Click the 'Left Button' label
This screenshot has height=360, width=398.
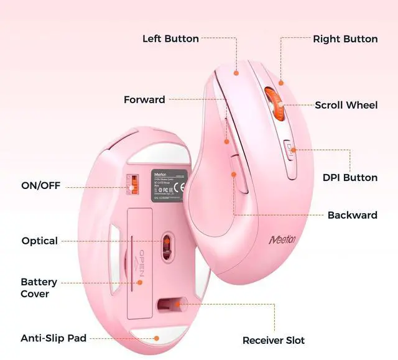point(170,39)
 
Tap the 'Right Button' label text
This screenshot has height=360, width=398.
point(345,39)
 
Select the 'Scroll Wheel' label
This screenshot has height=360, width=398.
point(346,105)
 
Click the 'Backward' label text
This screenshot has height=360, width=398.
point(352,215)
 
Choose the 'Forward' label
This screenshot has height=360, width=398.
point(144,99)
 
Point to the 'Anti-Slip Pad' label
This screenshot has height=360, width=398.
point(53,338)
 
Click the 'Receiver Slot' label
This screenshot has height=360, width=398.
point(274,340)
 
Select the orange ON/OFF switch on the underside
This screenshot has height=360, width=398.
point(132,184)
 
